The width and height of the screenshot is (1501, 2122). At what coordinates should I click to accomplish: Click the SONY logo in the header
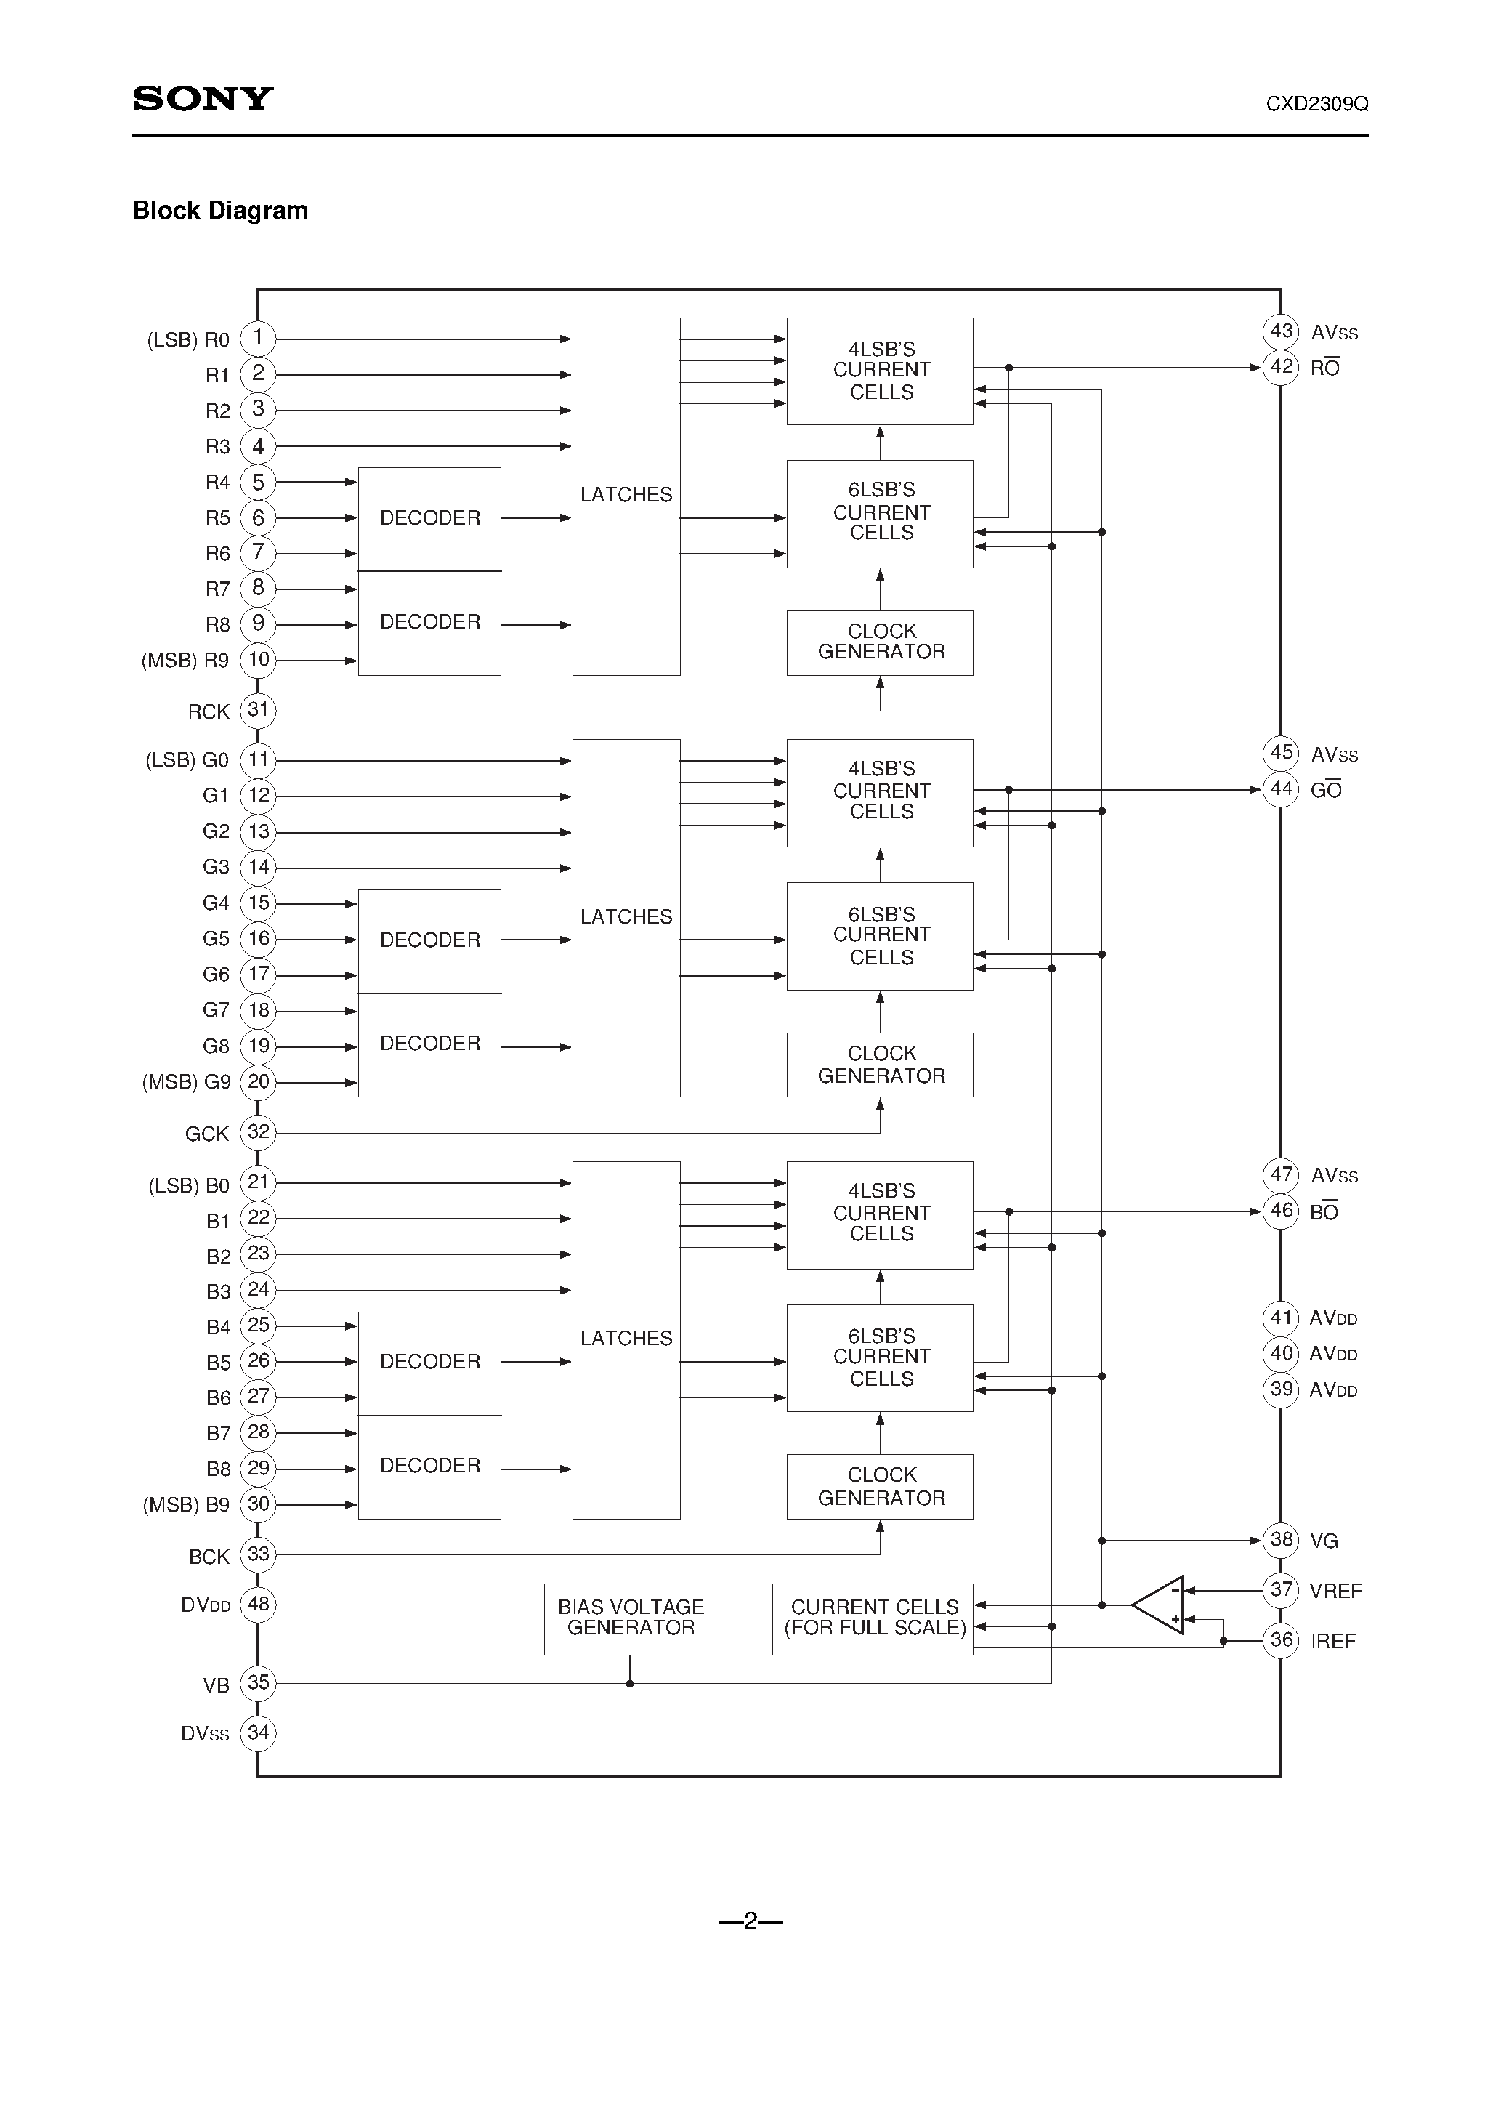[x=203, y=99]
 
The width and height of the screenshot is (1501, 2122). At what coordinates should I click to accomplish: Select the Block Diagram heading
[x=220, y=211]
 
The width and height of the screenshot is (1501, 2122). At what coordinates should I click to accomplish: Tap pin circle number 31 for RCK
[x=258, y=711]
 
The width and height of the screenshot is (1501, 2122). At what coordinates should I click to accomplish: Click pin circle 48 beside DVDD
[x=258, y=1605]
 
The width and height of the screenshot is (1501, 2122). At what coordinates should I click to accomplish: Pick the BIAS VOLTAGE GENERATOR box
[x=629, y=1618]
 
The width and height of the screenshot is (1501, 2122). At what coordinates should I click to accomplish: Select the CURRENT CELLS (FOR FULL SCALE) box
[x=873, y=1618]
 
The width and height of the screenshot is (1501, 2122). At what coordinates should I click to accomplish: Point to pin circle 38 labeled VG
[x=1281, y=1540]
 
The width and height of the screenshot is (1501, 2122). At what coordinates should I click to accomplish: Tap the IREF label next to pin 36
[x=1332, y=1642]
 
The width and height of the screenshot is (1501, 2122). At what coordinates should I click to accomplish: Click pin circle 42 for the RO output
[x=1281, y=367]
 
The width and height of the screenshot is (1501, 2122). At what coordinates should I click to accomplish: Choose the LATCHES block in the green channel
[x=626, y=917]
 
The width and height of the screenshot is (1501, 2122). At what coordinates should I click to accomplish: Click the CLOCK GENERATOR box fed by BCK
[x=880, y=1486]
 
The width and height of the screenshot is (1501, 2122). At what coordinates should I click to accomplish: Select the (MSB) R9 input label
[x=185, y=661]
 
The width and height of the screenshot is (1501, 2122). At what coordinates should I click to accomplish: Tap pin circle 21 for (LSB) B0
[x=258, y=1182]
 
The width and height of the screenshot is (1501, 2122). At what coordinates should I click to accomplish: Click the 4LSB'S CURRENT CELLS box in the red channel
[x=880, y=371]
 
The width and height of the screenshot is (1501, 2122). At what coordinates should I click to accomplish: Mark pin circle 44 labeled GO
[x=1281, y=789]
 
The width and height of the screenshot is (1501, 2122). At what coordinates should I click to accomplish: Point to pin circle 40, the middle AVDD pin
[x=1281, y=1354]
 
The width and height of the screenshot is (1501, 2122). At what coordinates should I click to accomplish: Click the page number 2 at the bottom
[x=750, y=1921]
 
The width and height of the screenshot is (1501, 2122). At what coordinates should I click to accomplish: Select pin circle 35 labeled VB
[x=258, y=1683]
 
